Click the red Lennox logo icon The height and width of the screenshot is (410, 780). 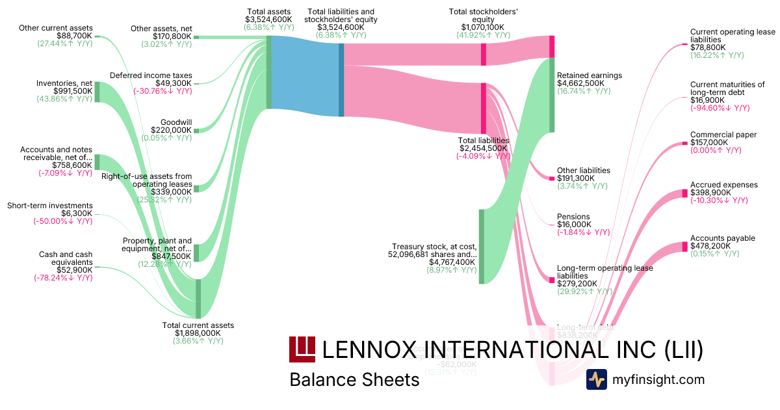tap(302, 349)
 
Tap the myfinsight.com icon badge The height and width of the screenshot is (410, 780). tap(596, 379)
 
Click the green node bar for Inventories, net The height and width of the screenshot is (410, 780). tap(97, 92)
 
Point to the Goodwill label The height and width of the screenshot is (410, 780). tap(177, 121)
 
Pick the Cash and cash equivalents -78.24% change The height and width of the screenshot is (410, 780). tap(63, 278)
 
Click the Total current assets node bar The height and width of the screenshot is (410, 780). tap(198, 299)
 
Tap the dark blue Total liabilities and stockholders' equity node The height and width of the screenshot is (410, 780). tap(341, 76)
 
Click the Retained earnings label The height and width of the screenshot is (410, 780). tap(590, 75)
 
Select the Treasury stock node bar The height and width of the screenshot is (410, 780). tap(482, 247)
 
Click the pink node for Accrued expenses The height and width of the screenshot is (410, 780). tap(684, 193)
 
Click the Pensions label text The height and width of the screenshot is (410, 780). tap(573, 217)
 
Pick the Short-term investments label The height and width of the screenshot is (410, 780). tap(50, 206)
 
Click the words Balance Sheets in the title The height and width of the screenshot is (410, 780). tap(354, 379)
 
